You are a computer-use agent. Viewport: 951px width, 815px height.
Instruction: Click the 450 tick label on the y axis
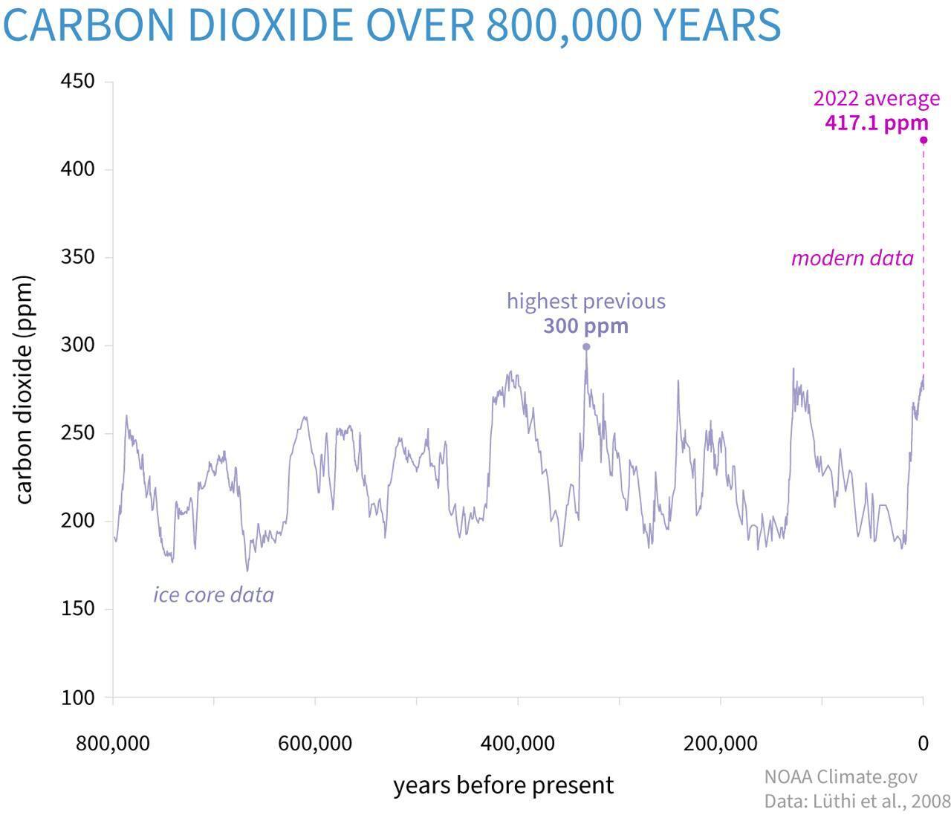click(x=77, y=81)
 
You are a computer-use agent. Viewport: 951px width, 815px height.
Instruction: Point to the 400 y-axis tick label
click(x=77, y=169)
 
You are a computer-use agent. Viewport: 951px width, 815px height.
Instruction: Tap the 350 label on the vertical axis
click(x=77, y=257)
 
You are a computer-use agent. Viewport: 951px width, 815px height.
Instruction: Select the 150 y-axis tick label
click(x=77, y=609)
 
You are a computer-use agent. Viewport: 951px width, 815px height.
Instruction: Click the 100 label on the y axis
click(x=77, y=698)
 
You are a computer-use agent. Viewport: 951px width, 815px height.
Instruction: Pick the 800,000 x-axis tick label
click(x=113, y=743)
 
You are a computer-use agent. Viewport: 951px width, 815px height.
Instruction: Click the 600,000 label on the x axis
click(x=315, y=743)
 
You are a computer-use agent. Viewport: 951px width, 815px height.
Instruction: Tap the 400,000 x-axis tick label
click(x=518, y=743)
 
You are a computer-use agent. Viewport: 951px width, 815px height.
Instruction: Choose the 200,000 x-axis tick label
click(x=721, y=743)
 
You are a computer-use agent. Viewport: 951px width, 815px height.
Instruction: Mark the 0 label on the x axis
click(x=923, y=743)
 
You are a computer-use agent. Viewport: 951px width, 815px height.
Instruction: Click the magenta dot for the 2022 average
click(x=924, y=140)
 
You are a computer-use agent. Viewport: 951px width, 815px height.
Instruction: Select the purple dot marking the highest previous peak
click(x=586, y=347)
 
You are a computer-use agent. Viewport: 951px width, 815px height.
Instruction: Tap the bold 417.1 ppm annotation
click(x=877, y=123)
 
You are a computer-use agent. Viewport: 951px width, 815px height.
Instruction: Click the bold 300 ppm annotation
click(x=585, y=326)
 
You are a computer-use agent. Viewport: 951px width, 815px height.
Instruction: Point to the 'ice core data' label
click(x=213, y=595)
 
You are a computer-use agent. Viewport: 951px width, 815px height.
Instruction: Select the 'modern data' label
click(x=852, y=259)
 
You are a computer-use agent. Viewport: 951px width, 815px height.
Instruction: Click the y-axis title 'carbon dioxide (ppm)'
click(x=24, y=390)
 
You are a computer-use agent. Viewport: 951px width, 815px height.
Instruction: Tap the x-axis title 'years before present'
click(x=503, y=785)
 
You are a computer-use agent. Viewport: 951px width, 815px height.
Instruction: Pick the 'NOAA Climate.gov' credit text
click(x=840, y=777)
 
